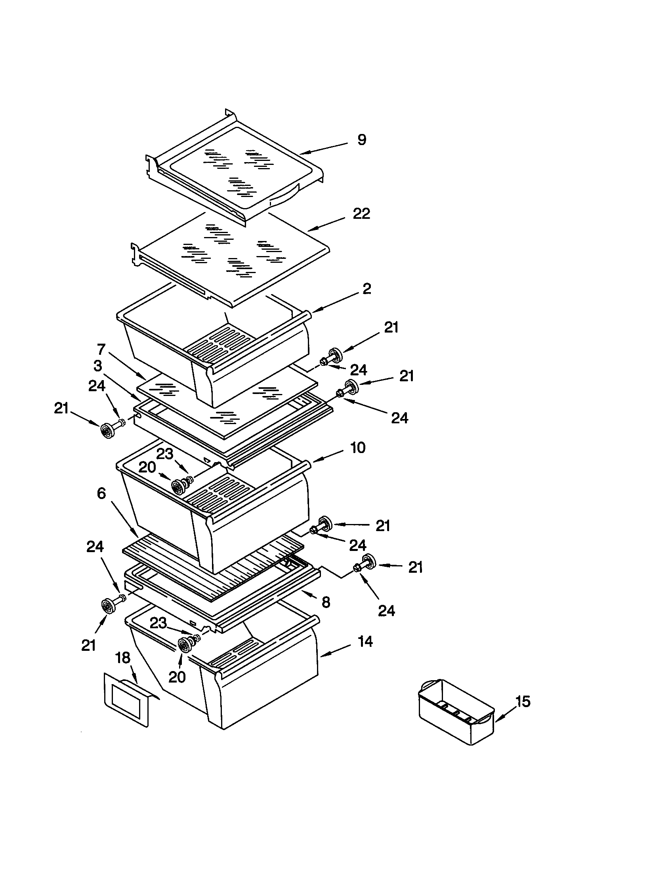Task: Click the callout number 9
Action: (x=361, y=140)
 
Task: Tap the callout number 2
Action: (x=367, y=289)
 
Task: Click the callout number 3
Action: (x=98, y=366)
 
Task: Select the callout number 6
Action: (x=101, y=493)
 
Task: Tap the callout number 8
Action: (x=326, y=602)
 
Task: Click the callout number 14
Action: (x=365, y=642)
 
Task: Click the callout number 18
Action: (x=123, y=658)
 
